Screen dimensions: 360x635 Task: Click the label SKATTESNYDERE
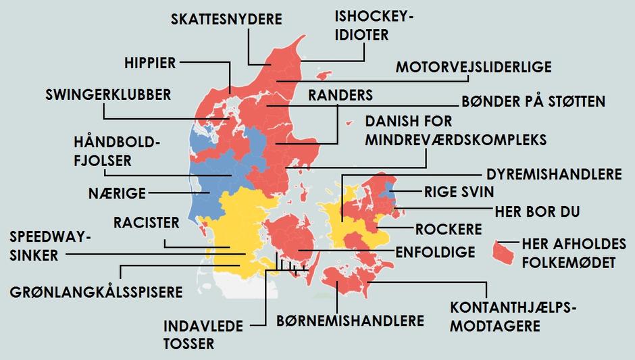[x=226, y=19]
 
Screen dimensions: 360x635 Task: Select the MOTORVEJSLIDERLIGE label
[x=474, y=68]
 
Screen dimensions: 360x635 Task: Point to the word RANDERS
[x=340, y=95]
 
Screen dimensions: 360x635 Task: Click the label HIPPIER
[x=150, y=63]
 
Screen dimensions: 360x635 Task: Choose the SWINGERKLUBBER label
[x=109, y=95]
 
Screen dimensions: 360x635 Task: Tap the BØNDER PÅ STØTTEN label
[x=533, y=102]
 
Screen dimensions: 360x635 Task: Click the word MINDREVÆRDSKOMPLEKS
[x=455, y=140]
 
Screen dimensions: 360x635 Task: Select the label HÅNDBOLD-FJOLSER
[x=118, y=152]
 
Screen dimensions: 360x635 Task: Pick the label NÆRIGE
[x=117, y=194]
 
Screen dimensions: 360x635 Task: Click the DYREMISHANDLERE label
[x=553, y=174]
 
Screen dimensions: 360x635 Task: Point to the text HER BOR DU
[x=537, y=211]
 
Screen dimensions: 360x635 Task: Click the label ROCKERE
[x=449, y=229]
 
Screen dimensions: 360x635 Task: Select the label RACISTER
[x=147, y=222]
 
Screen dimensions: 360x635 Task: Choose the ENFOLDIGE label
[x=435, y=252]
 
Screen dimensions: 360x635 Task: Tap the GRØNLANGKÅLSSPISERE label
[x=96, y=292]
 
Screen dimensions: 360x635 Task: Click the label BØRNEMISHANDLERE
[x=351, y=320]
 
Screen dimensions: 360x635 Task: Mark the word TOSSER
[x=188, y=343]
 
